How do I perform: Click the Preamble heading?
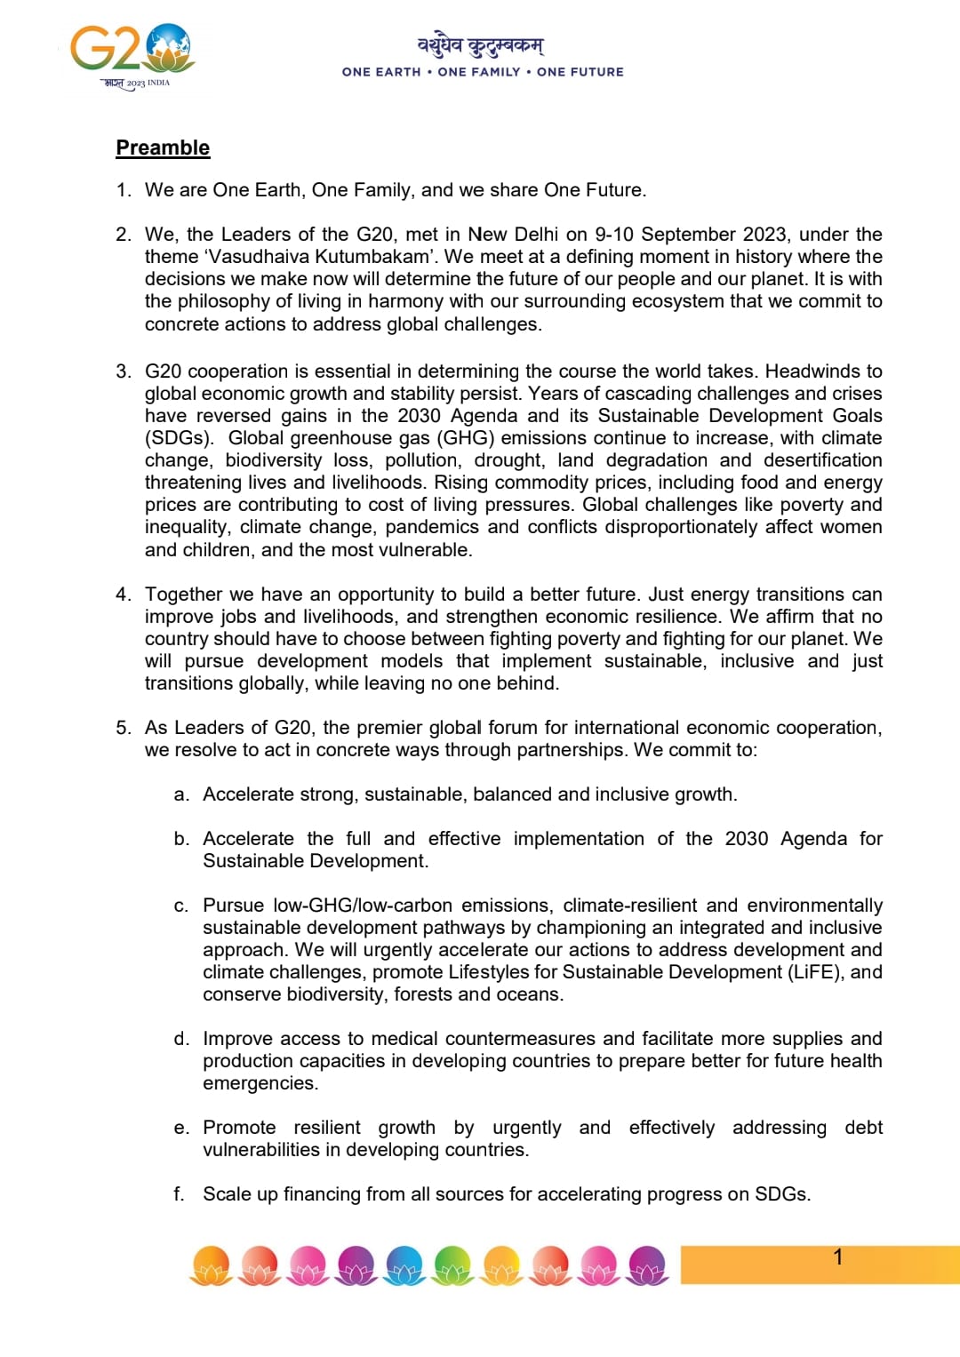point(163,148)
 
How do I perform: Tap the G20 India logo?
point(132,55)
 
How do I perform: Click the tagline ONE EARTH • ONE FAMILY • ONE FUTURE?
point(483,72)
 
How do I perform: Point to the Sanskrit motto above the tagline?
point(481,44)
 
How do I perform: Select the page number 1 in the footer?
point(837,1257)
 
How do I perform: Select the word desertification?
point(822,460)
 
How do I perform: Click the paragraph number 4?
point(123,595)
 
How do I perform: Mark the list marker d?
point(181,1039)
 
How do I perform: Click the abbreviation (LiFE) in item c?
point(816,972)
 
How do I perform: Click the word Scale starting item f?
point(227,1194)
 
